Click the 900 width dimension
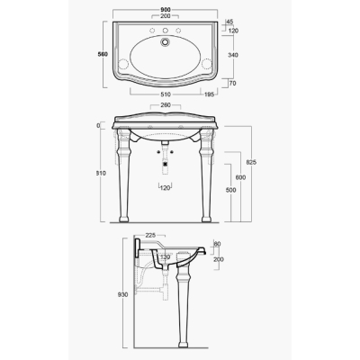point(166,10)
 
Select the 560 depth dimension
point(103,54)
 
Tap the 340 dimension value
point(233,55)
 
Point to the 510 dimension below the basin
point(166,94)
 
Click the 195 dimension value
point(209,94)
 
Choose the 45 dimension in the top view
point(230,22)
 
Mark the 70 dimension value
point(232,84)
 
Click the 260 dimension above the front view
point(166,105)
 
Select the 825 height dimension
point(251,162)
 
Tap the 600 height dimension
point(240,177)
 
